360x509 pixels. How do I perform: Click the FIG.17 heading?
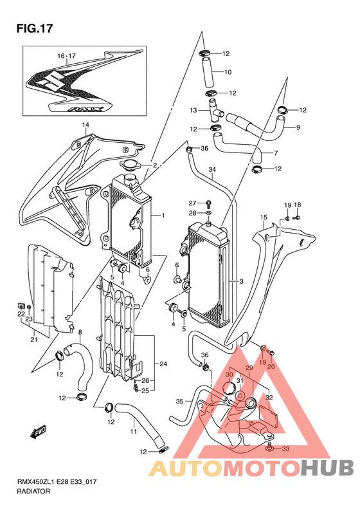pyautogui.click(x=34, y=28)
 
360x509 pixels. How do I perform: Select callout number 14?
pyautogui.click(x=85, y=125)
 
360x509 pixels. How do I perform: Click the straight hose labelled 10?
pyautogui.click(x=207, y=72)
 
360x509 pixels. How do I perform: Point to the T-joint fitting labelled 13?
pyautogui.click(x=214, y=111)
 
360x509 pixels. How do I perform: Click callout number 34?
pyautogui.click(x=212, y=169)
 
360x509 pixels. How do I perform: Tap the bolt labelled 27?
pyautogui.click(x=208, y=205)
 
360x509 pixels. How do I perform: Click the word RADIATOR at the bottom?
pyautogui.click(x=33, y=491)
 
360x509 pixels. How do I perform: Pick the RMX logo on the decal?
pyautogui.click(x=86, y=109)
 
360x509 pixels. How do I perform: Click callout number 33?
pyautogui.click(x=285, y=449)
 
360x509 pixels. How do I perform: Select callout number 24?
pyautogui.click(x=163, y=364)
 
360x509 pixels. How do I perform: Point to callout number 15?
pyautogui.click(x=263, y=217)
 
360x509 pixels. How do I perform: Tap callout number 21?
pyautogui.click(x=33, y=340)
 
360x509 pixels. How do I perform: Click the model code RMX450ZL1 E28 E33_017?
pyautogui.click(x=57, y=482)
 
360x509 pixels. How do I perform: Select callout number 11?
pyautogui.click(x=133, y=431)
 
